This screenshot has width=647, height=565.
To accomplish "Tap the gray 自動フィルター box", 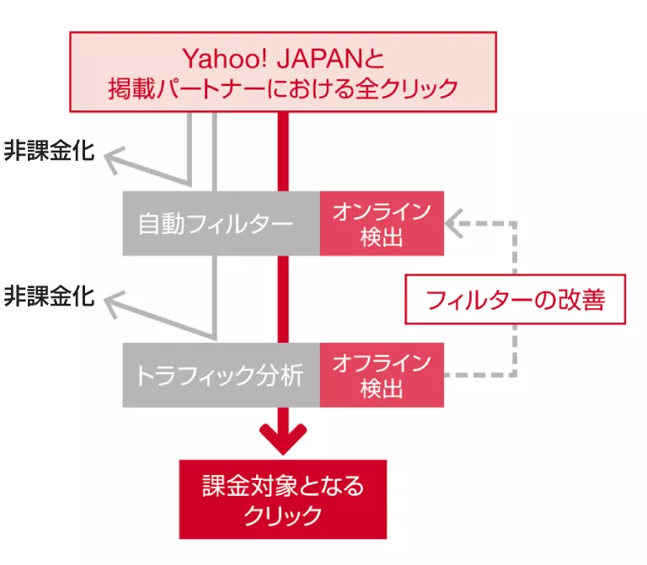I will click(x=221, y=223).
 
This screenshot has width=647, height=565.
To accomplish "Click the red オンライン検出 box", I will click(x=382, y=223).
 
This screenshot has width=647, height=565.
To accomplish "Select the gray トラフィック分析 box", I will click(x=221, y=375).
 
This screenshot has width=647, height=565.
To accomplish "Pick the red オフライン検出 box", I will click(x=382, y=375).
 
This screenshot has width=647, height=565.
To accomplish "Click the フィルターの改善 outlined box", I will click(x=516, y=299).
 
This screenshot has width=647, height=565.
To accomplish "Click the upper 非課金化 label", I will click(x=49, y=152).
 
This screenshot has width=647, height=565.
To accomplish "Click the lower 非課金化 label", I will click(x=49, y=297).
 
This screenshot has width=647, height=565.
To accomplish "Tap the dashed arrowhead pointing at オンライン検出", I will click(x=455, y=223).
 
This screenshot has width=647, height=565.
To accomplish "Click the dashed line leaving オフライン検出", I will click(x=480, y=375).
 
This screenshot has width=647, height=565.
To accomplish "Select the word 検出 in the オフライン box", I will click(x=382, y=388).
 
